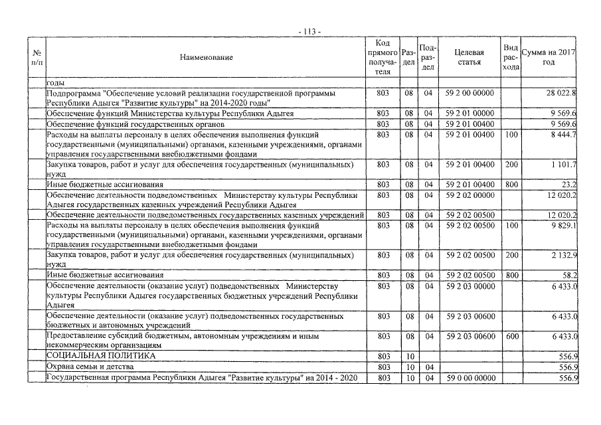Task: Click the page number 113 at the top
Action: (309, 32)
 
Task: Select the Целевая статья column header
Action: (469, 57)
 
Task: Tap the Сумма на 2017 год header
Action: (548, 57)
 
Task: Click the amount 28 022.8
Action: (561, 94)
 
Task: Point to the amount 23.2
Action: (568, 184)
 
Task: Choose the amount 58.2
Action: (568, 274)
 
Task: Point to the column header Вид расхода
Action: (510, 58)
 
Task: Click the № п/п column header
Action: (37, 57)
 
